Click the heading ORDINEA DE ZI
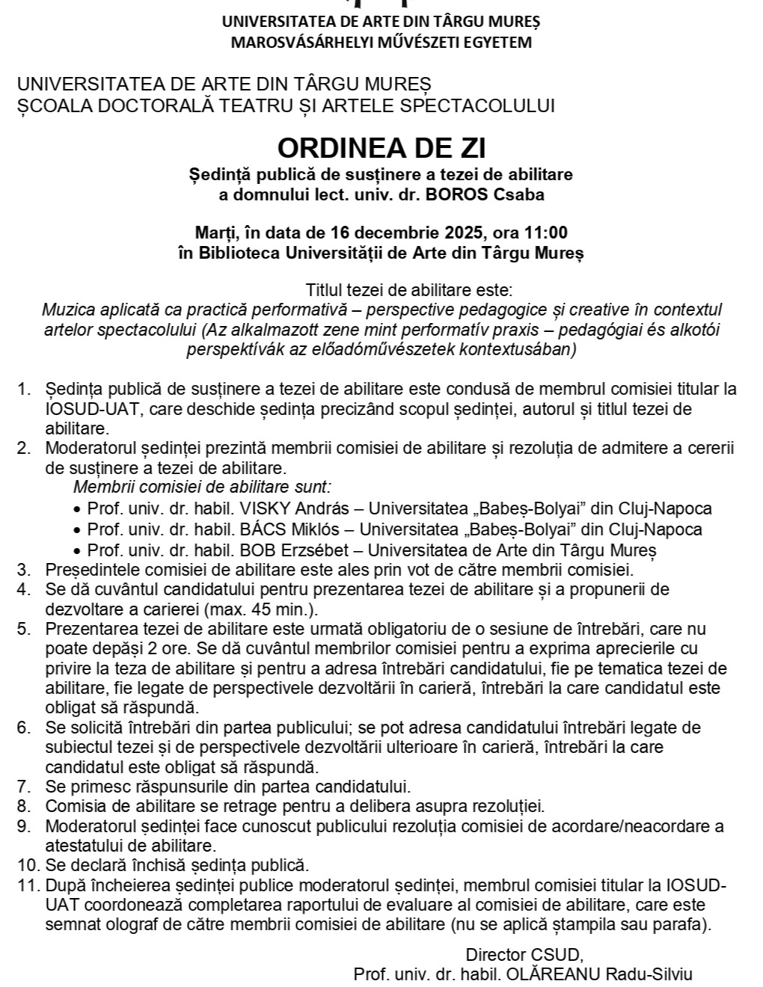pyautogui.click(x=381, y=148)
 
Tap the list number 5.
pyautogui.click(x=24, y=629)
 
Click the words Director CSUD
pyautogui.click(x=524, y=955)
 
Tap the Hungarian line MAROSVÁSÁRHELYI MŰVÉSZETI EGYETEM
pyautogui.click(x=381, y=42)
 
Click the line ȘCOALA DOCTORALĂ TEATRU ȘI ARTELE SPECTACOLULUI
pyautogui.click(x=286, y=105)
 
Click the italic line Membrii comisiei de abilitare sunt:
pyautogui.click(x=202, y=488)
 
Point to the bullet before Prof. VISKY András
pyautogui.click(x=78, y=509)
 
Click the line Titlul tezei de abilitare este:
pyautogui.click(x=408, y=290)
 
